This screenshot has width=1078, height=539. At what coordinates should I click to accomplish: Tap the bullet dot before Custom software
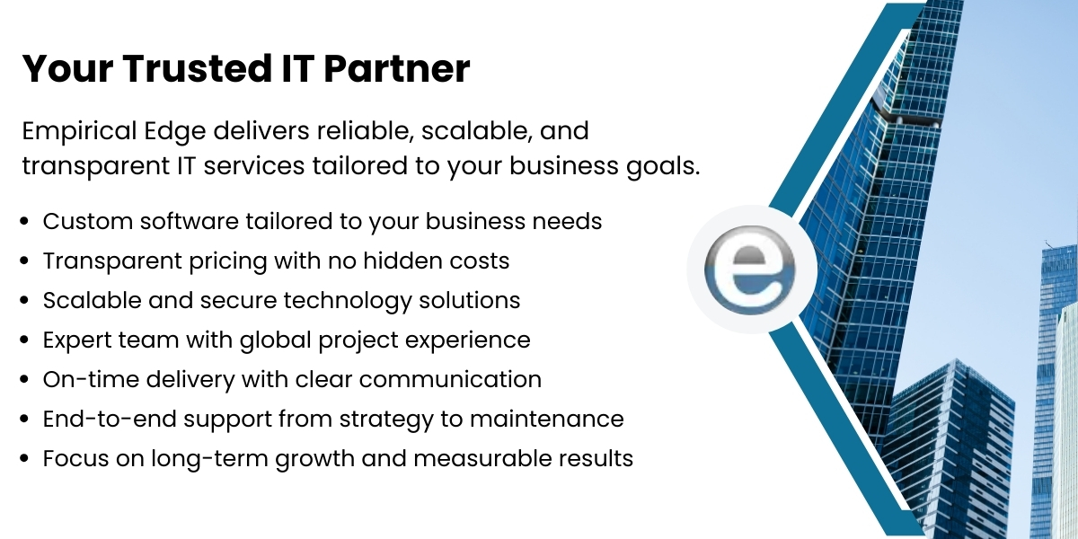25,222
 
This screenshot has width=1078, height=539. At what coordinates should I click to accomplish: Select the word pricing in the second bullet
219,261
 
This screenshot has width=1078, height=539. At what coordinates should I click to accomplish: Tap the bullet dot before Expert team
25,341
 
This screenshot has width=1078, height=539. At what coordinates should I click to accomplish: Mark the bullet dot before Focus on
25,459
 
